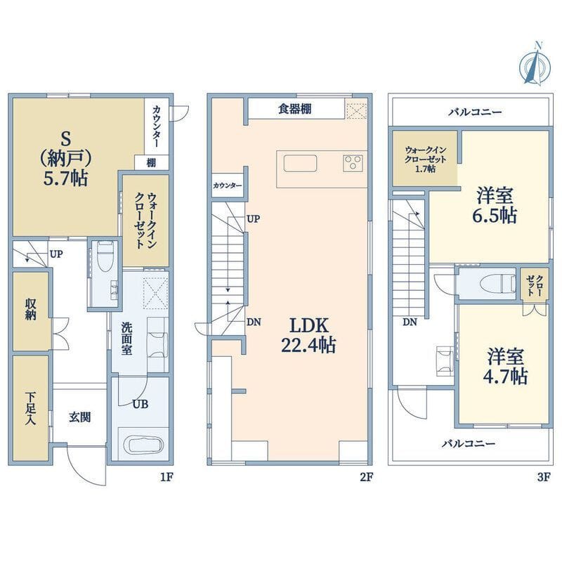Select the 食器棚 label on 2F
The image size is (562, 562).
pyautogui.click(x=295, y=109)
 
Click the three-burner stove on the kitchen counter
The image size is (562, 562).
pyautogui.click(x=353, y=163)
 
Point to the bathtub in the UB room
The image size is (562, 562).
pyautogui.click(x=144, y=445)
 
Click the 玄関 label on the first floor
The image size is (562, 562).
pyautogui.click(x=79, y=417)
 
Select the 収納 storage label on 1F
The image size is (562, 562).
pyautogui.click(x=31, y=310)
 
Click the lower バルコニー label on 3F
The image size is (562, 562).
pyautogui.click(x=469, y=444)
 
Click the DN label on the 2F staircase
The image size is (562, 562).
pyautogui.click(x=255, y=322)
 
